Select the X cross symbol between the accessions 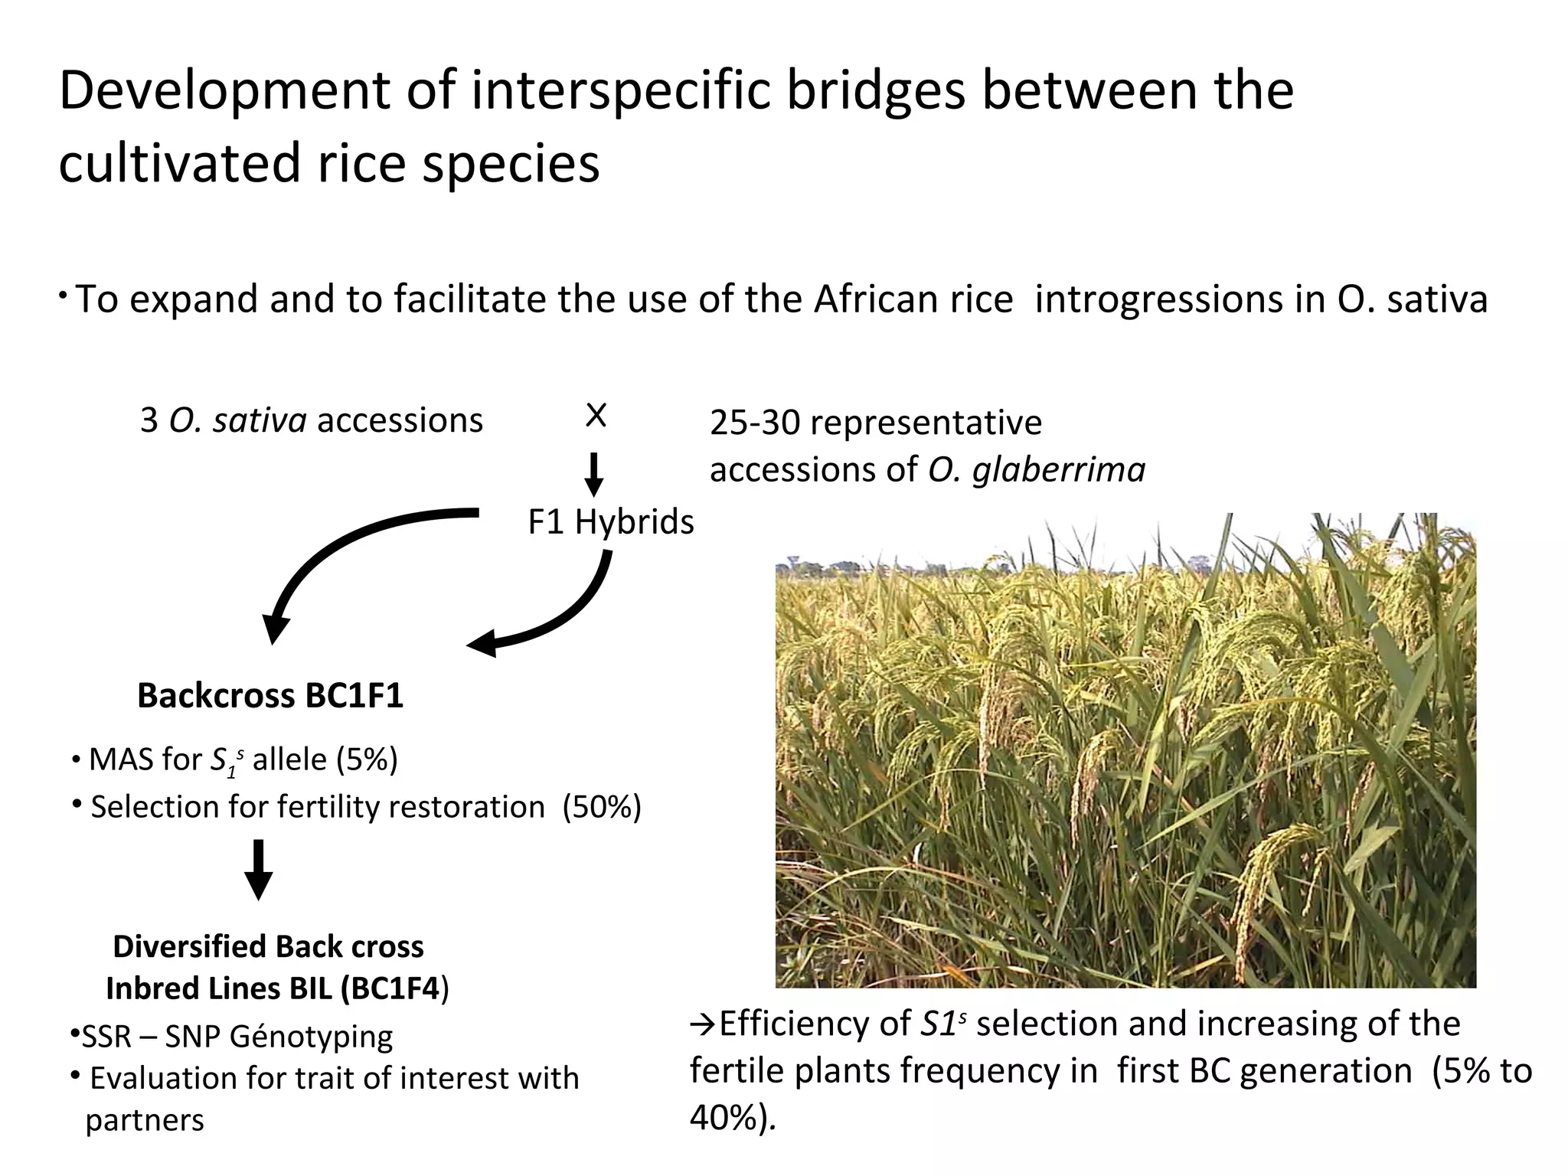click(595, 416)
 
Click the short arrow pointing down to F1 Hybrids click(593, 475)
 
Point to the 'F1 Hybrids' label click(610, 522)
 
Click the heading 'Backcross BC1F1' click(269, 696)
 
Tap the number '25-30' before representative click(754, 423)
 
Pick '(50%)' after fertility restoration click(602, 807)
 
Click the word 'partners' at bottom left click(145, 1120)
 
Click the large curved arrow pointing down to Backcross click(345, 559)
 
